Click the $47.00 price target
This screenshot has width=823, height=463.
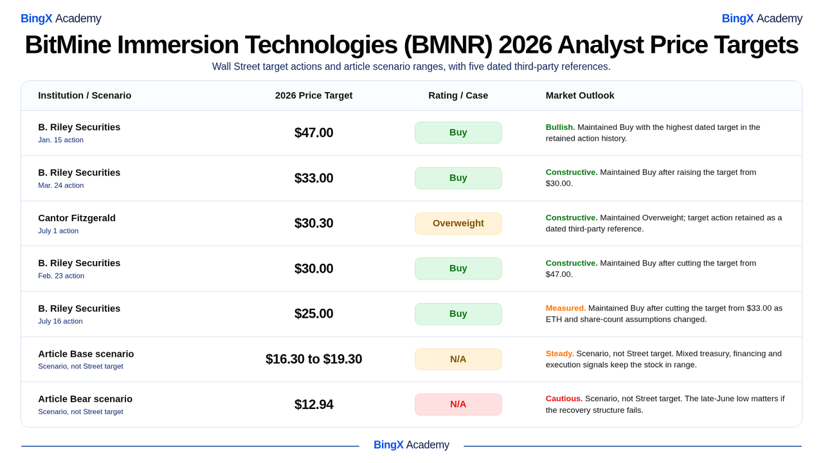click(x=314, y=132)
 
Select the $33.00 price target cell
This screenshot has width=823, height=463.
click(x=314, y=178)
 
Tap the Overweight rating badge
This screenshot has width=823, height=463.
click(x=458, y=223)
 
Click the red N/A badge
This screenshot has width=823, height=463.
click(x=458, y=404)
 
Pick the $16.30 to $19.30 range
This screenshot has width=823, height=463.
click(x=314, y=359)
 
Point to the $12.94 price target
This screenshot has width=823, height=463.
click(x=314, y=404)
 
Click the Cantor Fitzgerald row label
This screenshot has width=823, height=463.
click(x=77, y=218)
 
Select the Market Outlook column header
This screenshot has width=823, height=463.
click(x=580, y=96)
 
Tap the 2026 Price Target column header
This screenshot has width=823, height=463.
click(x=314, y=96)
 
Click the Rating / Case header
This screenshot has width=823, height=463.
click(x=458, y=96)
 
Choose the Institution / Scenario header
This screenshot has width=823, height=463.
click(x=84, y=96)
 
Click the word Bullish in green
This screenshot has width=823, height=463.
click(x=560, y=127)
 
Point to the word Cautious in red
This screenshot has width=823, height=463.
click(x=564, y=399)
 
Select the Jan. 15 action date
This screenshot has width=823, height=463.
click(x=60, y=140)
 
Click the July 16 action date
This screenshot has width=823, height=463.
click(x=60, y=321)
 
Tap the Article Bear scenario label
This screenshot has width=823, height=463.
click(x=86, y=399)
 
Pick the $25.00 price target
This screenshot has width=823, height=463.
click(x=314, y=314)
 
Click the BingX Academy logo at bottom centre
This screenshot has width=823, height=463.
click(x=411, y=445)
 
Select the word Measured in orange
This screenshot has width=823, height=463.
click(x=566, y=308)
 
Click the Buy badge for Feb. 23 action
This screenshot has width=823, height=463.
click(x=458, y=269)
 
